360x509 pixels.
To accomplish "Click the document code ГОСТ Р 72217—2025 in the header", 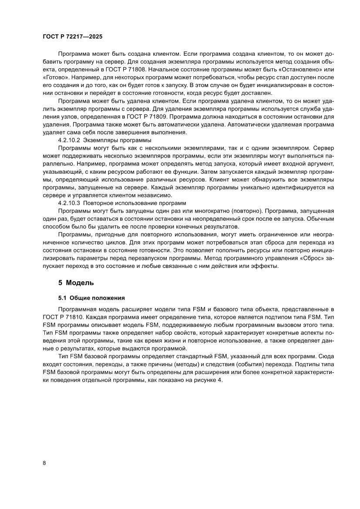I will tap(73, 37).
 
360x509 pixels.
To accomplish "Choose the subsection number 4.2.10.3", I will tap(69, 203).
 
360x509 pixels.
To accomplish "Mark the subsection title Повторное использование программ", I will tap(135, 203).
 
